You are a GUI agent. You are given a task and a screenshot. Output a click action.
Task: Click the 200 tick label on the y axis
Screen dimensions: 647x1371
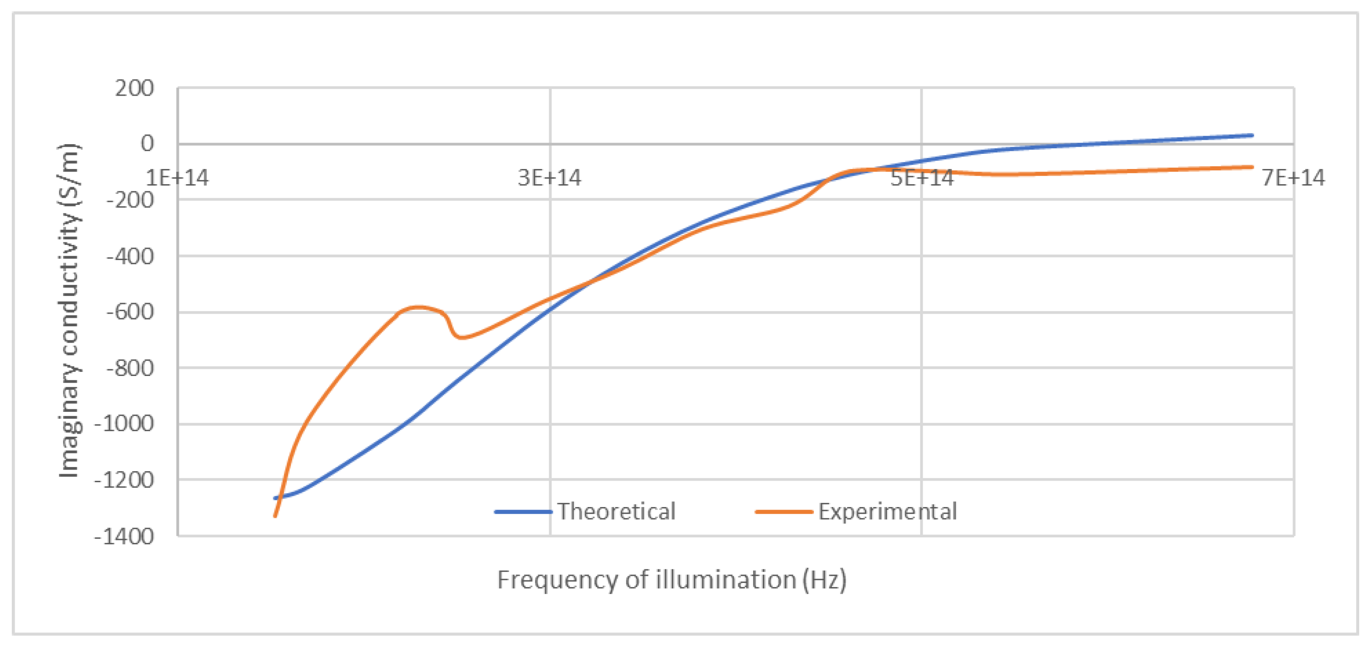(x=134, y=89)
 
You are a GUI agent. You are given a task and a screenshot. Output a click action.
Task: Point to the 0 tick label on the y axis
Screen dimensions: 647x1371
(x=147, y=144)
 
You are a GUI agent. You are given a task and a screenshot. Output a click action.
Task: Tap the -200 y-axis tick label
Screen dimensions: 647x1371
(x=130, y=201)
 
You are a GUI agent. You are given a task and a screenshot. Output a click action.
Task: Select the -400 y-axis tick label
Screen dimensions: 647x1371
(x=130, y=256)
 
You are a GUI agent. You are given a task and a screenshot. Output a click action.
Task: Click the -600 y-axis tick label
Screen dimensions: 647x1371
(x=130, y=312)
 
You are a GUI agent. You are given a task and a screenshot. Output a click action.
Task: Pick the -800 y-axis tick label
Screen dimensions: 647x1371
(x=130, y=368)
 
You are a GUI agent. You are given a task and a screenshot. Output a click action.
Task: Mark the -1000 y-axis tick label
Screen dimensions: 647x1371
(x=124, y=424)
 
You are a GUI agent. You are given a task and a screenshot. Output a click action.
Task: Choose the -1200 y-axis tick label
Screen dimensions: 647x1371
(x=124, y=481)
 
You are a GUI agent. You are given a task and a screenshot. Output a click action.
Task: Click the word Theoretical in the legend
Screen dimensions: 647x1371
(x=616, y=512)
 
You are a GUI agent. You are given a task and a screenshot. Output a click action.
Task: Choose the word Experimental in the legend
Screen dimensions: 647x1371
(x=887, y=512)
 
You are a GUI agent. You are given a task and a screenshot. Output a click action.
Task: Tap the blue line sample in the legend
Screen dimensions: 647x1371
(x=523, y=512)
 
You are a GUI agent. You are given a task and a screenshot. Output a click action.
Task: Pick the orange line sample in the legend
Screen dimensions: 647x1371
(x=784, y=512)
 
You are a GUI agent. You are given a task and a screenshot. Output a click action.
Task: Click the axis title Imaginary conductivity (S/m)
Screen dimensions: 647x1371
(x=69, y=311)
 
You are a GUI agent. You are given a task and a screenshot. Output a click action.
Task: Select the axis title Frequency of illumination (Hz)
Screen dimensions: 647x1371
(x=672, y=580)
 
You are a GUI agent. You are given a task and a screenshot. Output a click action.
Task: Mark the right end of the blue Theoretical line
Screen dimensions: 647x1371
(x=1252, y=136)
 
